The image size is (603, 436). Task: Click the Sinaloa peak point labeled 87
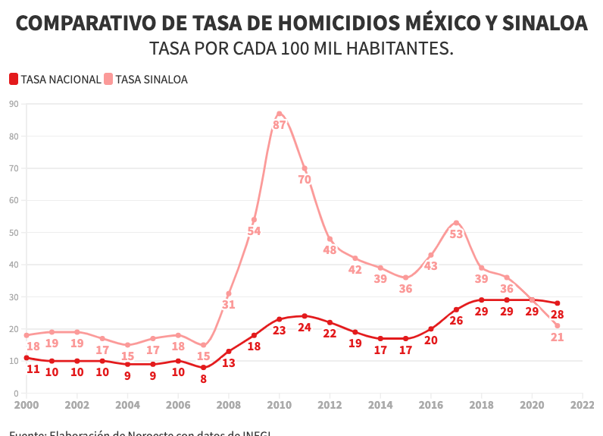tap(280, 114)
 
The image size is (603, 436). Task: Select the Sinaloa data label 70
tap(305, 180)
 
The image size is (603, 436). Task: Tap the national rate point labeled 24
tap(305, 315)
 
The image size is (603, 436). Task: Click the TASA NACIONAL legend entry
tap(55, 79)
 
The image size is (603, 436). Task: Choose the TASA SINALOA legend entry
tap(146, 79)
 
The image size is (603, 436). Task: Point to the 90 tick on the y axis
tap(14, 104)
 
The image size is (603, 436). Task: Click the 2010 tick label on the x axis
tap(280, 406)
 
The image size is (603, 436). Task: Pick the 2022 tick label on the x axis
tap(582, 406)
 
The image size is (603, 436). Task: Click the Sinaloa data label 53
tap(456, 234)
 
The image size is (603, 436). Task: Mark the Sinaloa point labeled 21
tap(558, 325)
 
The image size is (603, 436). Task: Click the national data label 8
tap(203, 378)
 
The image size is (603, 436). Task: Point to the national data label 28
tap(558, 314)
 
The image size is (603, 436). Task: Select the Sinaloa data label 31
tap(228, 305)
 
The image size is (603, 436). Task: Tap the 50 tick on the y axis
tap(14, 233)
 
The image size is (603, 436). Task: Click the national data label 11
tap(33, 369)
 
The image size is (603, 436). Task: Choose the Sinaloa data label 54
tap(254, 231)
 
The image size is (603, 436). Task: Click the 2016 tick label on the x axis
tap(430, 406)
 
